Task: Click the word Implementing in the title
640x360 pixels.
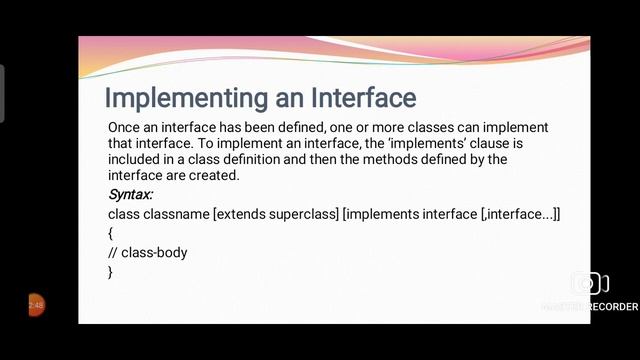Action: (177, 98)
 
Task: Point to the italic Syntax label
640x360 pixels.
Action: (130, 193)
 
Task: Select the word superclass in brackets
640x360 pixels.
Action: (301, 213)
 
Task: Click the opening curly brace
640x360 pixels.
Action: (110, 233)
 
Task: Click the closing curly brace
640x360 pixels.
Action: (110, 272)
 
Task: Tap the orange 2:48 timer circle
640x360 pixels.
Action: (35, 305)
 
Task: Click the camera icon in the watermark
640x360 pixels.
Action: (589, 284)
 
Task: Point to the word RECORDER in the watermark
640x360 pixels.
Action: (612, 306)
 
